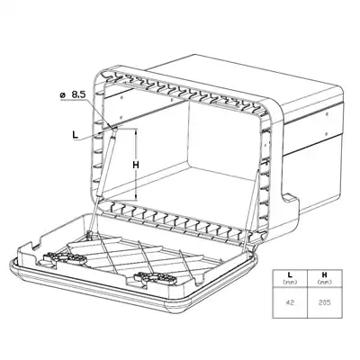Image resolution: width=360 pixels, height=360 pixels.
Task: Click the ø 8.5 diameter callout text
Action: pyautogui.click(x=73, y=95)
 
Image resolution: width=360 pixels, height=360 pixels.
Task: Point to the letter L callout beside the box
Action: pyautogui.click(x=76, y=134)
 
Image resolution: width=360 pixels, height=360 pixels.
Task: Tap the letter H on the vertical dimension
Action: pyautogui.click(x=136, y=165)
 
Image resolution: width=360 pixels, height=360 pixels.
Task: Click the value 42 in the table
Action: pyautogui.click(x=290, y=302)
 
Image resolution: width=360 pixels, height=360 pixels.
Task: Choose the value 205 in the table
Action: pyautogui.click(x=325, y=302)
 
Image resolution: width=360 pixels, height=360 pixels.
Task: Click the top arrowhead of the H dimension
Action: pyautogui.click(x=136, y=130)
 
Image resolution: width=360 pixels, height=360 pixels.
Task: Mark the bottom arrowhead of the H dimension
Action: pyautogui.click(x=136, y=197)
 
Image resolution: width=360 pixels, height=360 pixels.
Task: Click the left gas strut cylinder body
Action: pyautogui.click(x=106, y=162)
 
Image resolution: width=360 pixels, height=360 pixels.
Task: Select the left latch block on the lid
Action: pyautogui.click(x=62, y=258)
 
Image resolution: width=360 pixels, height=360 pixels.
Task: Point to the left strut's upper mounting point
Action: pyautogui.click(x=114, y=128)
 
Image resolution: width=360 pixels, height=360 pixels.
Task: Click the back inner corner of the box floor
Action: pyautogui.click(x=188, y=162)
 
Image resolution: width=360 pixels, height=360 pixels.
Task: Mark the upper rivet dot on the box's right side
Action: pyautogui.click(x=327, y=113)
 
